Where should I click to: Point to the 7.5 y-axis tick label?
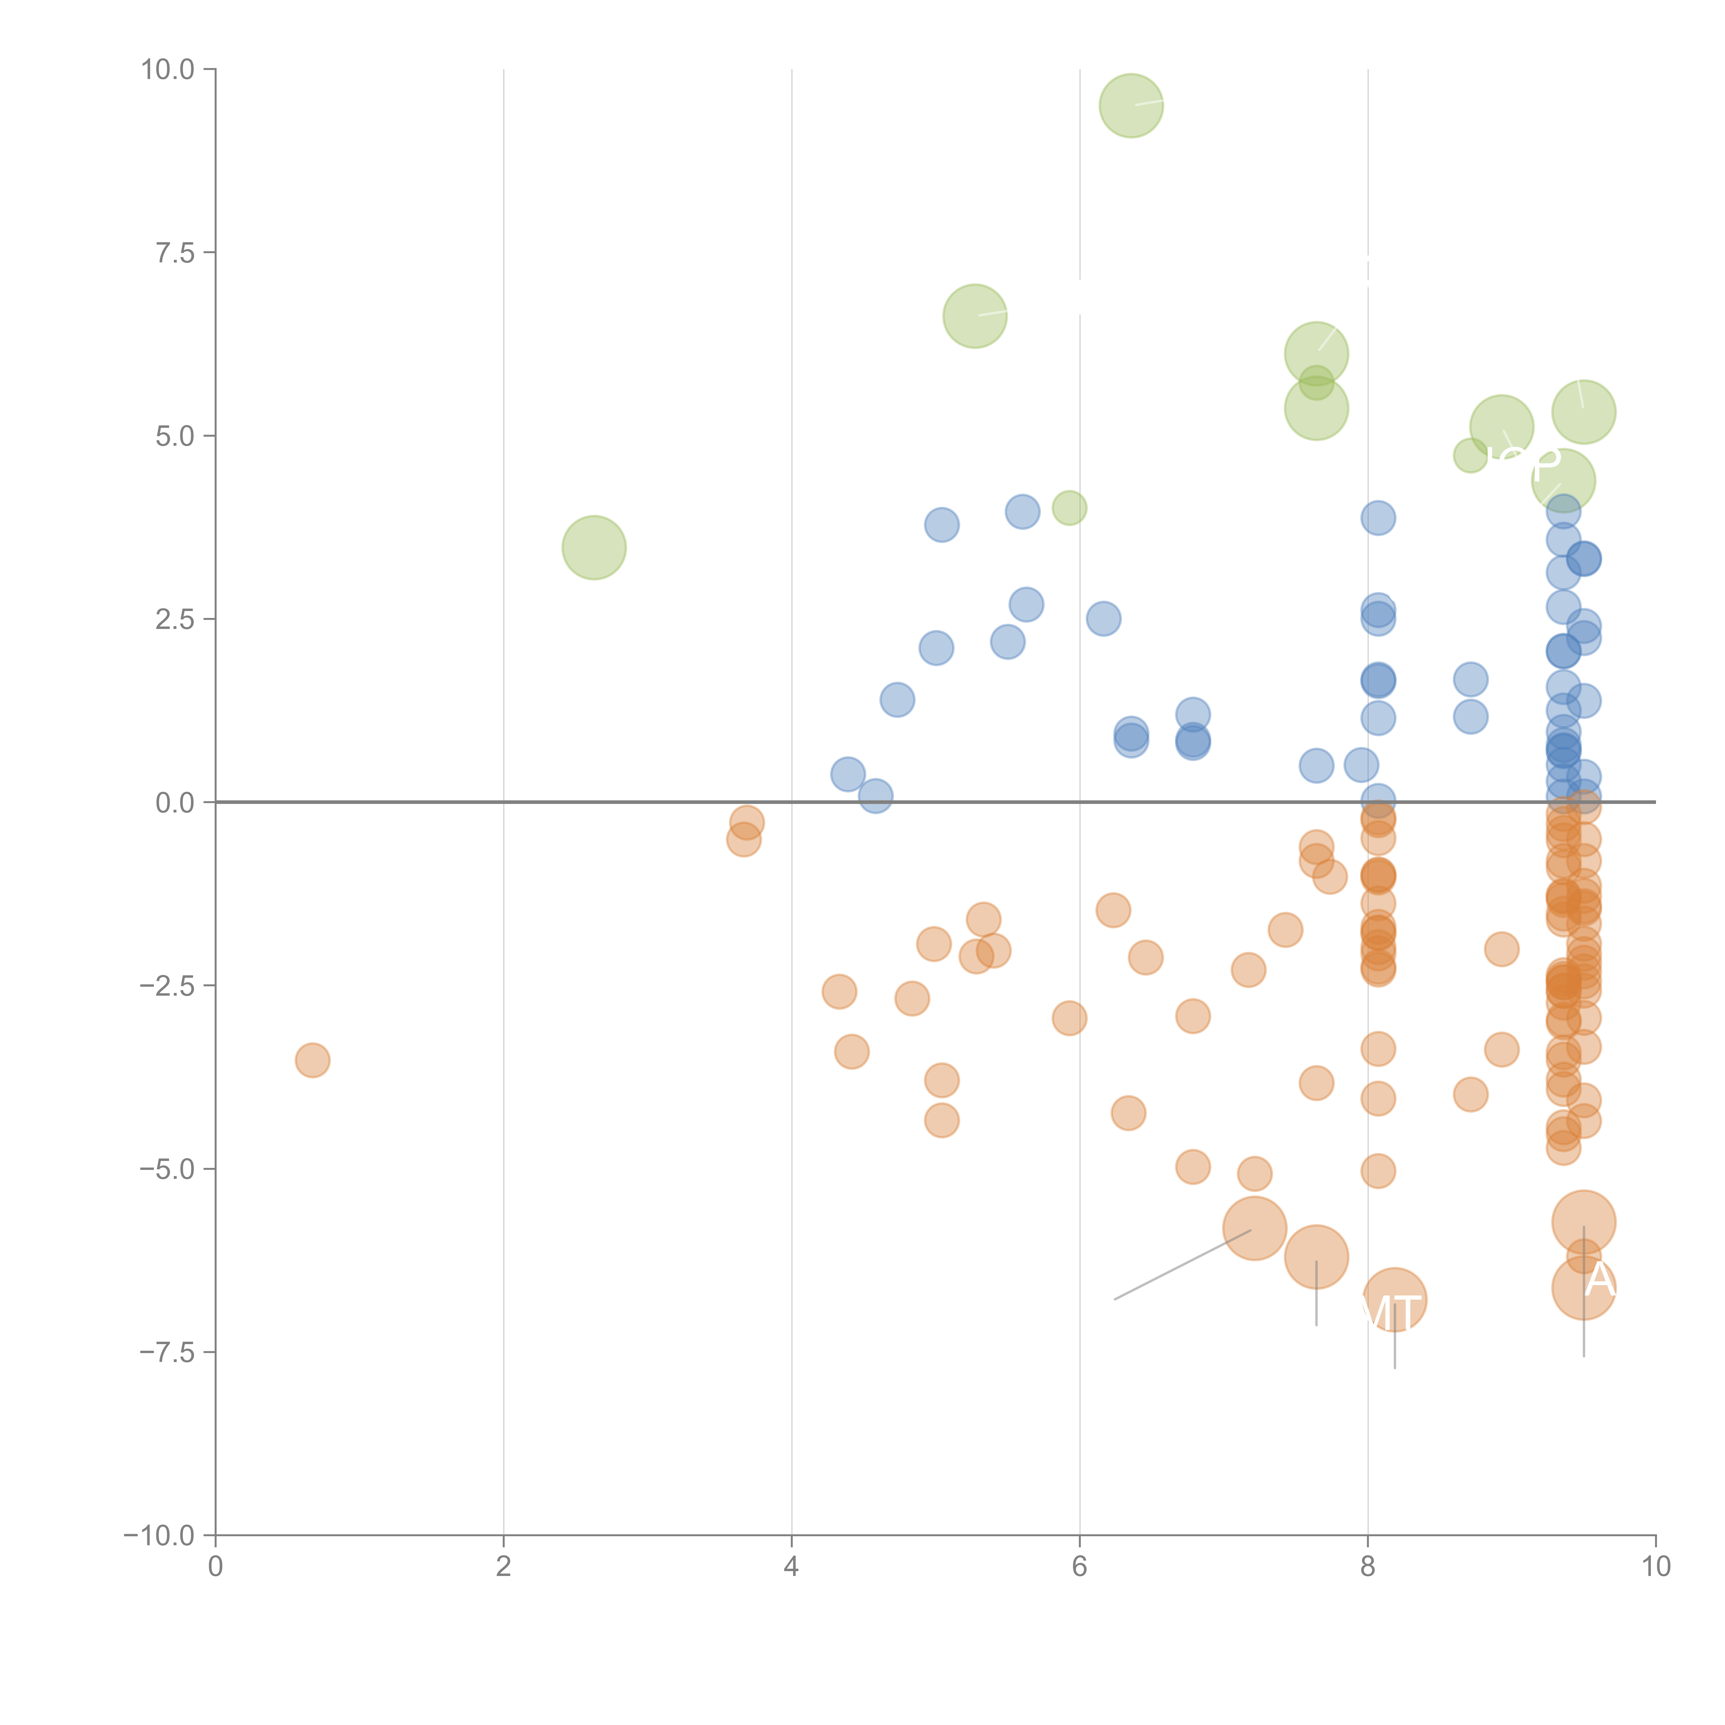click(x=175, y=253)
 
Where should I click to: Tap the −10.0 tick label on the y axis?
click(x=159, y=1536)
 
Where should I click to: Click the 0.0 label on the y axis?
click(x=175, y=803)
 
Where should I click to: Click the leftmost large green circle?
click(x=594, y=547)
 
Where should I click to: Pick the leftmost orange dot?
click(x=313, y=1060)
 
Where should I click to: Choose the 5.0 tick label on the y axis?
click(x=175, y=436)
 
